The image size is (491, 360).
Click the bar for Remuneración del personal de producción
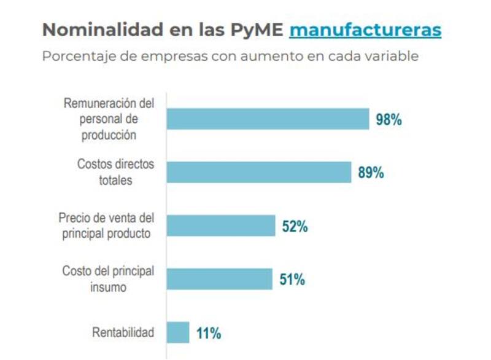pyautogui.click(x=268, y=119)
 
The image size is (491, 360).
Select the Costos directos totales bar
pyautogui.click(x=258, y=173)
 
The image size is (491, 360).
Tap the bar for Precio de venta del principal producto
pyautogui.click(x=221, y=226)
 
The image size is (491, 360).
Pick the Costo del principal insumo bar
pyautogui.click(x=219, y=280)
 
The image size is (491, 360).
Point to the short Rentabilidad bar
pyautogui.click(x=178, y=332)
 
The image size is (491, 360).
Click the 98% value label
pyautogui.click(x=389, y=120)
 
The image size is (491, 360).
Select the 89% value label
pyautogui.click(x=371, y=173)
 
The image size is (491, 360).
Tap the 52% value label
pyautogui.click(x=295, y=227)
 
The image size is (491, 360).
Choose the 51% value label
pyautogui.click(x=292, y=280)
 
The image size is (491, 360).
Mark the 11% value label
pyautogui.click(x=209, y=334)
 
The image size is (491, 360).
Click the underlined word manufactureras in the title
pyautogui.click(x=365, y=30)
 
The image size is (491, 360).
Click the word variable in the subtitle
pyautogui.click(x=393, y=57)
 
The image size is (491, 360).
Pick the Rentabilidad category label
pyautogui.click(x=123, y=333)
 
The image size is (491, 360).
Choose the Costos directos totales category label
pyautogui.click(x=115, y=173)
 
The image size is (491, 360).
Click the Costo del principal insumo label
pyautogui.click(x=108, y=279)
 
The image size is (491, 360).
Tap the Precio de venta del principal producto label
pyautogui.click(x=106, y=225)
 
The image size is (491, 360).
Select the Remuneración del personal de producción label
pyautogui.click(x=109, y=119)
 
